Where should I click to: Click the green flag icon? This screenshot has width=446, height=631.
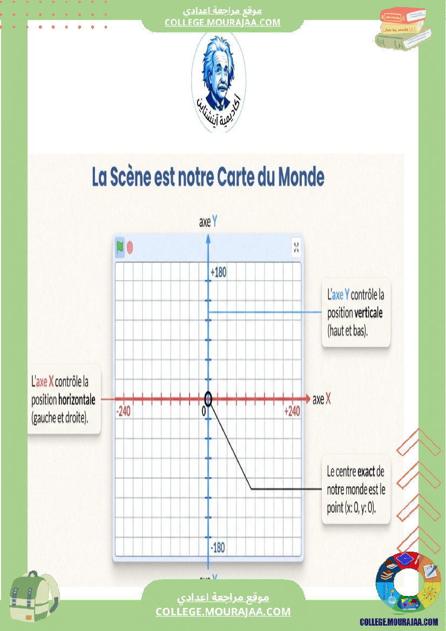coord(120,247)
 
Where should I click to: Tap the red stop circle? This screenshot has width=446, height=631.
coord(130,248)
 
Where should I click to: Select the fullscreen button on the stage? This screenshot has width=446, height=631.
coord(296,247)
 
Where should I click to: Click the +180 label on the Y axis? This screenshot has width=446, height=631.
coord(219,273)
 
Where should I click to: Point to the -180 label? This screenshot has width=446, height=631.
coord(217,548)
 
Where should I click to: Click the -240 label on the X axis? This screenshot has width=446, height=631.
coord(124,412)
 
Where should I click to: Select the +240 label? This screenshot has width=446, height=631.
coord(292,412)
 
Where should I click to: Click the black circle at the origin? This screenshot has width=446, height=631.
coord(208,399)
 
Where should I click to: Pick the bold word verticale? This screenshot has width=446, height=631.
coord(369,313)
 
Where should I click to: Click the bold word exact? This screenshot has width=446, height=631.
coord(366,472)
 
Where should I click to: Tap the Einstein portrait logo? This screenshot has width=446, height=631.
coord(218,81)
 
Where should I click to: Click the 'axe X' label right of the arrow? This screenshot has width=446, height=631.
coord(322,399)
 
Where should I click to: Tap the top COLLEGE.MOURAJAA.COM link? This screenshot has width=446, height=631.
coord(222,22)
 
